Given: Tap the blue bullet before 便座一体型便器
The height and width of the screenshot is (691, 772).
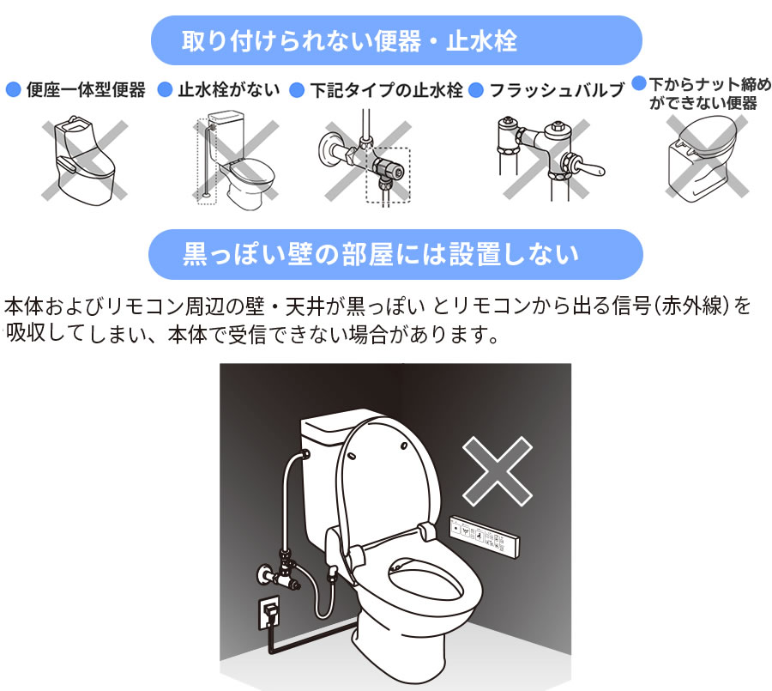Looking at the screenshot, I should point(13,89).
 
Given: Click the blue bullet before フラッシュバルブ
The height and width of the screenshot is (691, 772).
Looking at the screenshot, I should point(478,89).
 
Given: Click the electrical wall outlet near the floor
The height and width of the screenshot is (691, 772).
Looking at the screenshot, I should point(268,610).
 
